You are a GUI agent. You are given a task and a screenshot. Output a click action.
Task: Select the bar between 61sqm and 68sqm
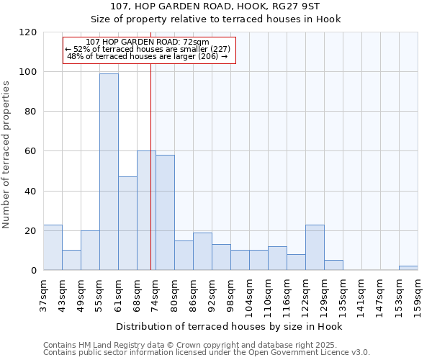coord(127,223)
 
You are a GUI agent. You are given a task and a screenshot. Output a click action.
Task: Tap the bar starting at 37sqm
coord(53,248)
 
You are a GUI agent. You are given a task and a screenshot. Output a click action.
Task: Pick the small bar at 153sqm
coord(408,268)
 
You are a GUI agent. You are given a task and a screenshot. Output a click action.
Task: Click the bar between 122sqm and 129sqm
coord(315,248)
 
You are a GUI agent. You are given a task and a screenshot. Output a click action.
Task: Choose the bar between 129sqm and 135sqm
coord(333,265)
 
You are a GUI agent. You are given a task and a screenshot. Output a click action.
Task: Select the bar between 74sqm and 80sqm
coord(165,212)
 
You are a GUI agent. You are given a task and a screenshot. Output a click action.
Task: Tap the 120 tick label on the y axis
coord(29,32)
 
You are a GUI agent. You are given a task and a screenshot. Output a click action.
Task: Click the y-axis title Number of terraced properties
coord(7,154)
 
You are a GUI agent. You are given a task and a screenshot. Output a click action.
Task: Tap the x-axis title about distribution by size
coord(228,326)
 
